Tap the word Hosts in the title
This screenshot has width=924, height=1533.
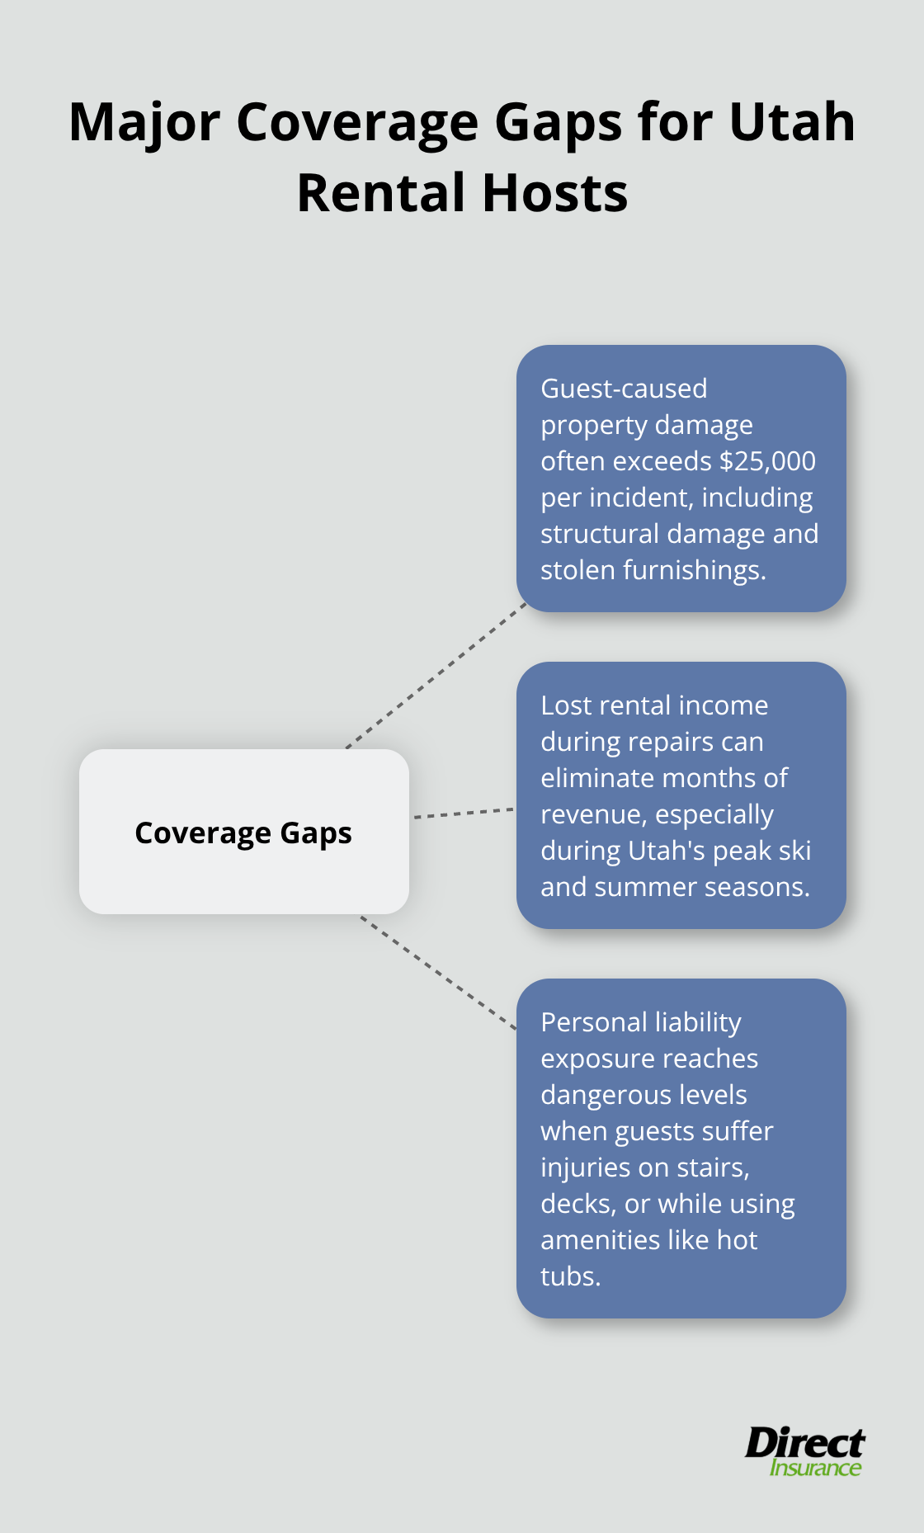(x=554, y=193)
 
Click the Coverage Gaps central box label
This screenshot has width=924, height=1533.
(x=243, y=833)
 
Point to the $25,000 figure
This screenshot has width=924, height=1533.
(x=767, y=460)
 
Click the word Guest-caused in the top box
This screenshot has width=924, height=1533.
(x=624, y=388)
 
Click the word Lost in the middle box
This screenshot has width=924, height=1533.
(x=566, y=705)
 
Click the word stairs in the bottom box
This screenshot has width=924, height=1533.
(x=711, y=1167)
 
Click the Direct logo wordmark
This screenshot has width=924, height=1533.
(x=804, y=1442)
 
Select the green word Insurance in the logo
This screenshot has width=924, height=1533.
(x=815, y=1468)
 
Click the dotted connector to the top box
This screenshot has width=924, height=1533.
(x=437, y=675)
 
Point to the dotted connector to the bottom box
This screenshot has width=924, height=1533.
(x=437, y=972)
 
